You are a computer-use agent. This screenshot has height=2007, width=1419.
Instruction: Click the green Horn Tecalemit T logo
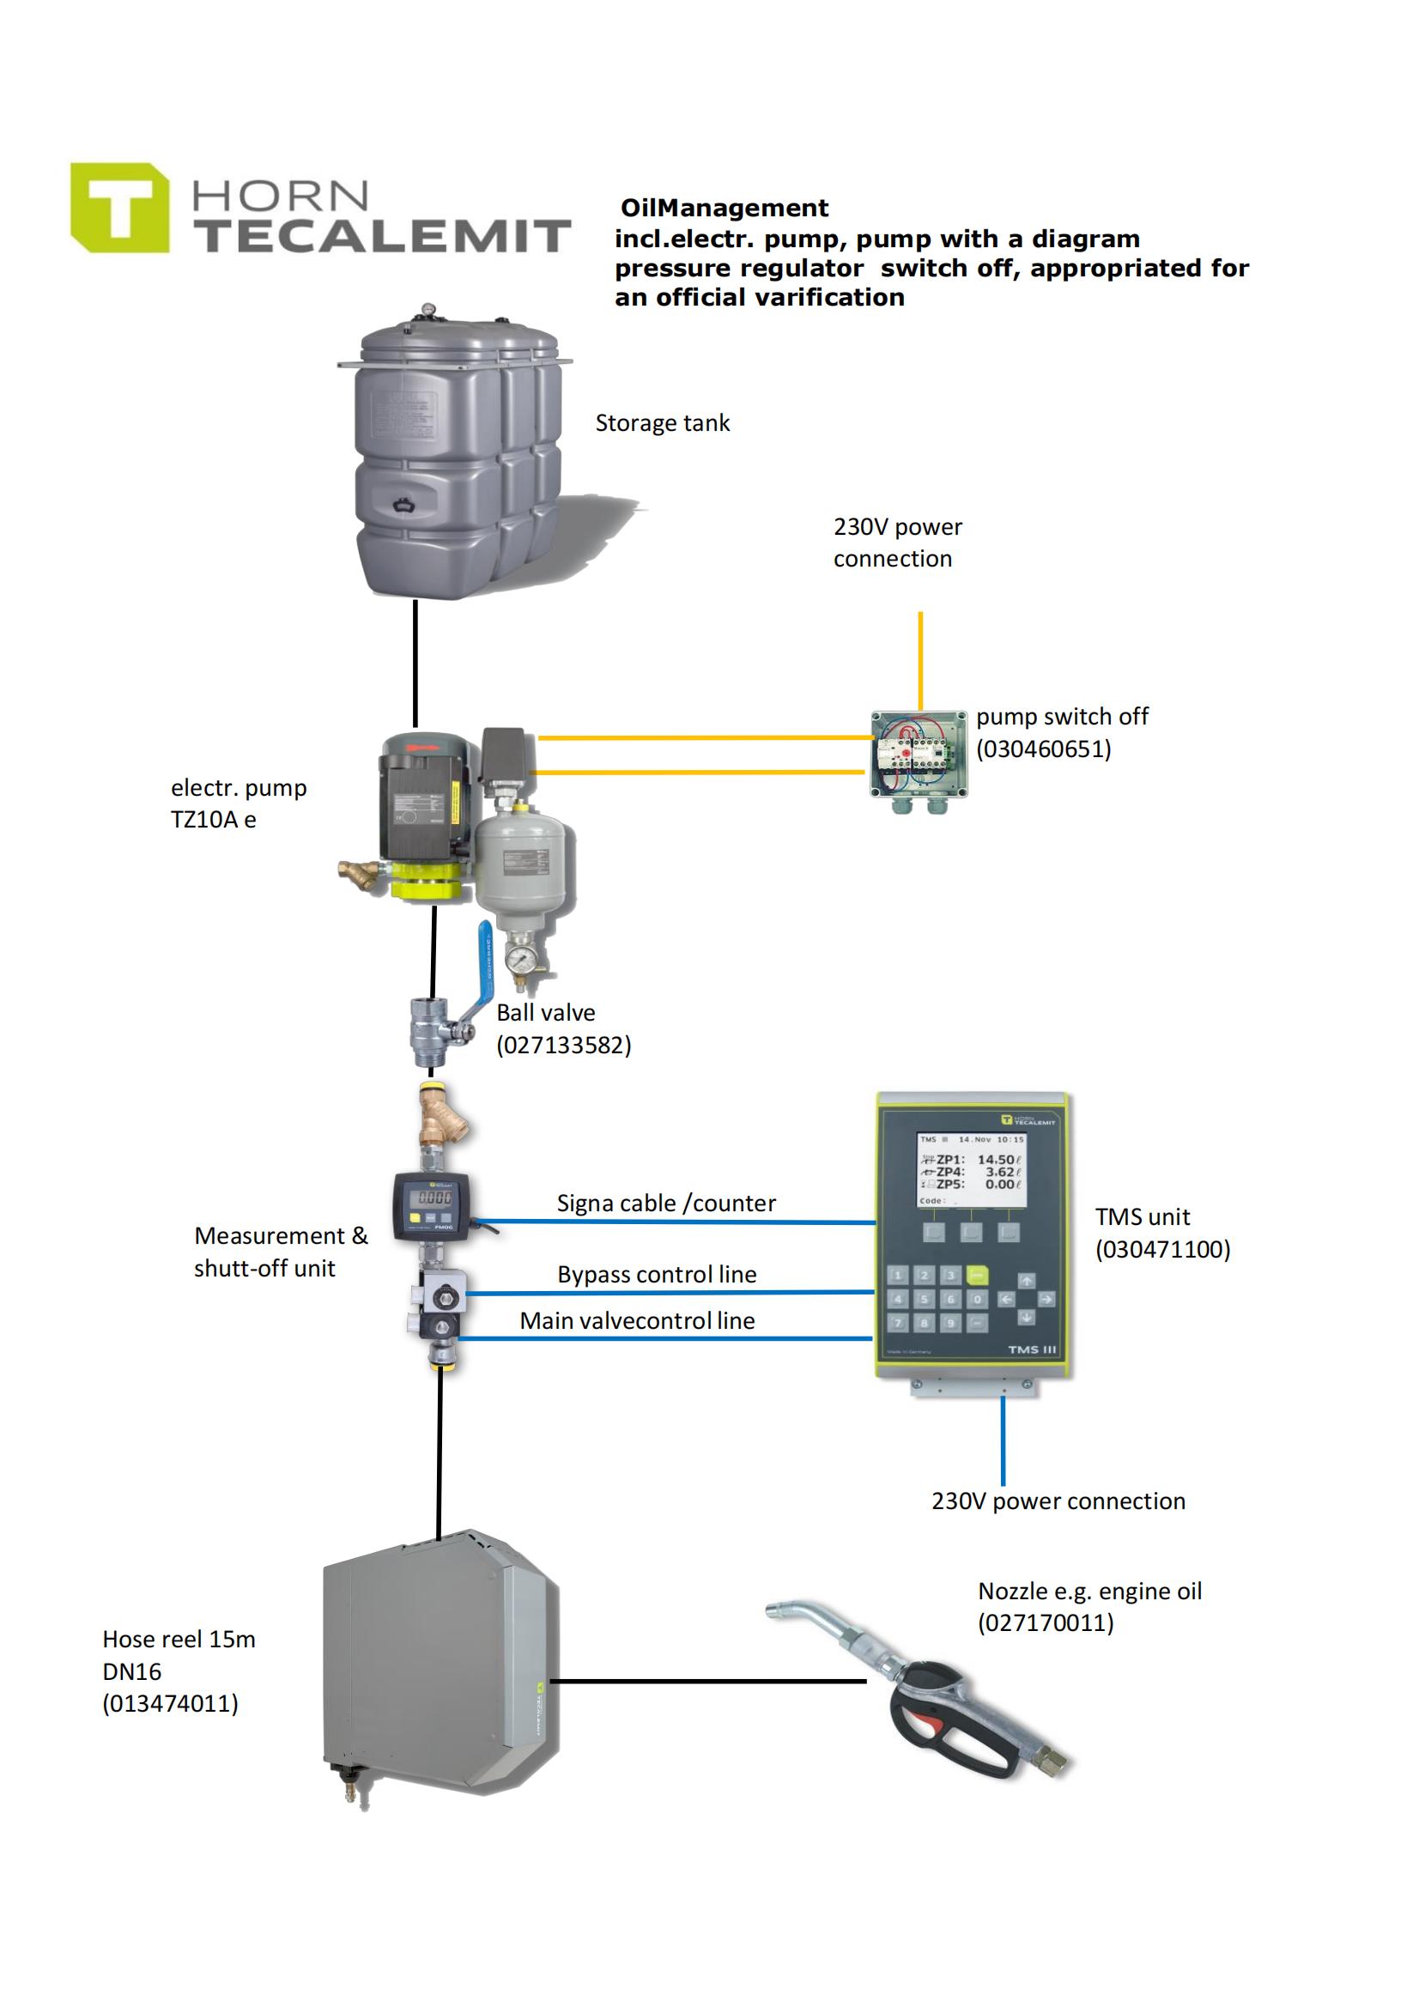(x=120, y=208)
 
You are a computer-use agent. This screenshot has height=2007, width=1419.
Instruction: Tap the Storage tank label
(x=662, y=423)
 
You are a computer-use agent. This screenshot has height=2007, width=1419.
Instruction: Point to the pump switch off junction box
(x=918, y=754)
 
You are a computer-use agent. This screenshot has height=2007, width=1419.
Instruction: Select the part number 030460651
(x=1043, y=749)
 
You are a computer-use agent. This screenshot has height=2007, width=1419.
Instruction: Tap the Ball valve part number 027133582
(x=563, y=1046)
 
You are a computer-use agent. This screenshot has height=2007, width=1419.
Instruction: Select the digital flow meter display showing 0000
(x=434, y=1197)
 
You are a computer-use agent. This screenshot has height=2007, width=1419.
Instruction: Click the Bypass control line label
(x=657, y=1275)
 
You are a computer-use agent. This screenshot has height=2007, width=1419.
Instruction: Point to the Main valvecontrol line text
(x=636, y=1321)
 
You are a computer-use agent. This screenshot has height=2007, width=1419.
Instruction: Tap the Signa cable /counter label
(x=665, y=1204)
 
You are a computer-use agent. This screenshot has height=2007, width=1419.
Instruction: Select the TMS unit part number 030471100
(x=1162, y=1249)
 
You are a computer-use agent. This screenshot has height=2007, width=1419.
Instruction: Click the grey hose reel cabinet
(x=437, y=1670)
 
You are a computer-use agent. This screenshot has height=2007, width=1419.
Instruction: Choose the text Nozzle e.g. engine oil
(x=1089, y=1591)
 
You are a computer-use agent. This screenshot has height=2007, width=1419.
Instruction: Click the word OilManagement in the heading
(x=724, y=208)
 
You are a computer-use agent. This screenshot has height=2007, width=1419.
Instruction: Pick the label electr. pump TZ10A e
(x=238, y=803)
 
